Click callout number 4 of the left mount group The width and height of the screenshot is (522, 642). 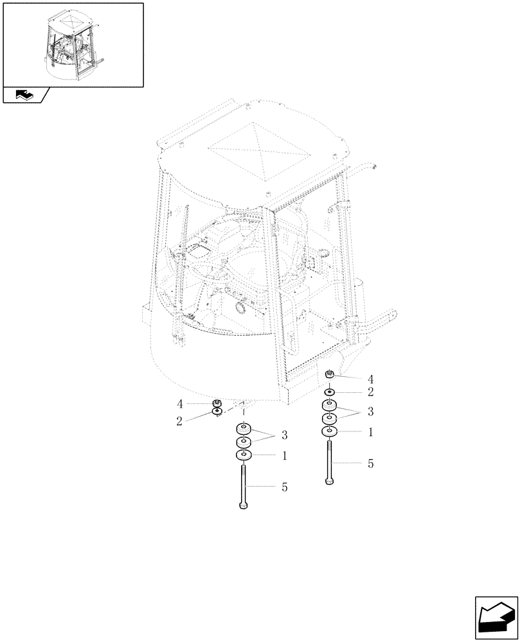tap(181, 404)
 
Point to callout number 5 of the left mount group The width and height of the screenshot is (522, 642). tap(284, 487)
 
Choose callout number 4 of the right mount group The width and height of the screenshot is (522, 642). tap(370, 378)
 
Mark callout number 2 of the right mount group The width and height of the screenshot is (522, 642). tap(370, 391)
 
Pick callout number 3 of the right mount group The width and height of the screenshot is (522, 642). tap(370, 412)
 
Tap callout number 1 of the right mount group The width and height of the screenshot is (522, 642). tap(370, 433)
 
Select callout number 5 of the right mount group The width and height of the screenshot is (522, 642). tap(370, 463)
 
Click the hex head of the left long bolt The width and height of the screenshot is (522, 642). tap(243, 506)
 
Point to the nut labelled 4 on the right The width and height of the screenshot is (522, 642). tap(330, 375)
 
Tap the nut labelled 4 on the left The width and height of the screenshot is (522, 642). tap(217, 403)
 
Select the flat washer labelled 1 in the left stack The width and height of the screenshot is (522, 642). tap(243, 456)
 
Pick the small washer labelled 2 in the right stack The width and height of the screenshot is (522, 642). tap(330, 391)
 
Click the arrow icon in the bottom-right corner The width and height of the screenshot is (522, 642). tap(496, 618)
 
